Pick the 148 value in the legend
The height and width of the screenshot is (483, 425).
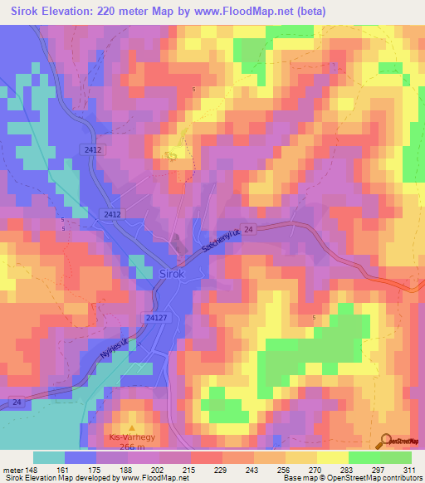pos(34,469)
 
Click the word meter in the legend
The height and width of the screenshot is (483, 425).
pos(12,469)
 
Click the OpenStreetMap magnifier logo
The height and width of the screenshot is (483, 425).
pos(384,442)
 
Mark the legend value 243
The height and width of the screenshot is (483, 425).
pos(242,469)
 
